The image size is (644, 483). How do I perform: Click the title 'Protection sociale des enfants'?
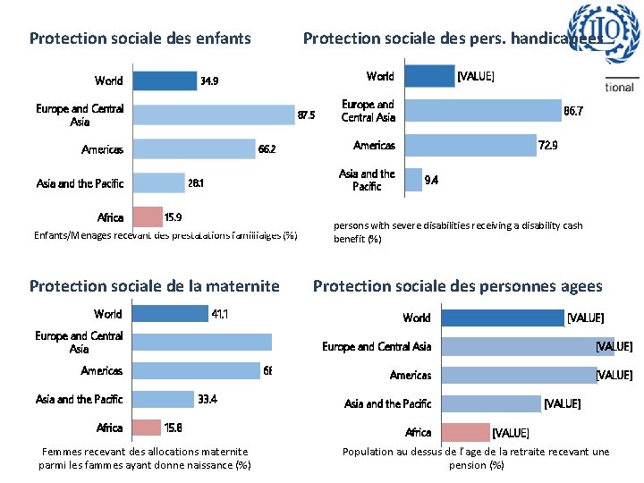140,38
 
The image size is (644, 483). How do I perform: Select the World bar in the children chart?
165,80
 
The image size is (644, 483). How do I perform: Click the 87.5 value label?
306,115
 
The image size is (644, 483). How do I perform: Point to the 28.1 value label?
195,183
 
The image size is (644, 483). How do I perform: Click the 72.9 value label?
547,144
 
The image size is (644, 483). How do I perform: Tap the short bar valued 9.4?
414,180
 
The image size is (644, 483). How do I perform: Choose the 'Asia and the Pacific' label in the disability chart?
367,180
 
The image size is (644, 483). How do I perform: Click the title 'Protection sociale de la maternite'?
154,286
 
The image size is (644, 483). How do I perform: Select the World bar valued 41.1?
170,314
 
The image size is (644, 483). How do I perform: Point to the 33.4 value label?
208,399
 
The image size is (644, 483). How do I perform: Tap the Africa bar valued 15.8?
147,428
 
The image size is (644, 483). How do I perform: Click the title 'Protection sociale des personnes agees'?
457,286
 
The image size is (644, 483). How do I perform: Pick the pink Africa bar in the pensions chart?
466,433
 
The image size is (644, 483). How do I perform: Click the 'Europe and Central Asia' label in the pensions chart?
377,346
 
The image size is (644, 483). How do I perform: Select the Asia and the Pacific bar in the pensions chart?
491,404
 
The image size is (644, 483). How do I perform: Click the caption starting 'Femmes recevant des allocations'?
145,458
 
